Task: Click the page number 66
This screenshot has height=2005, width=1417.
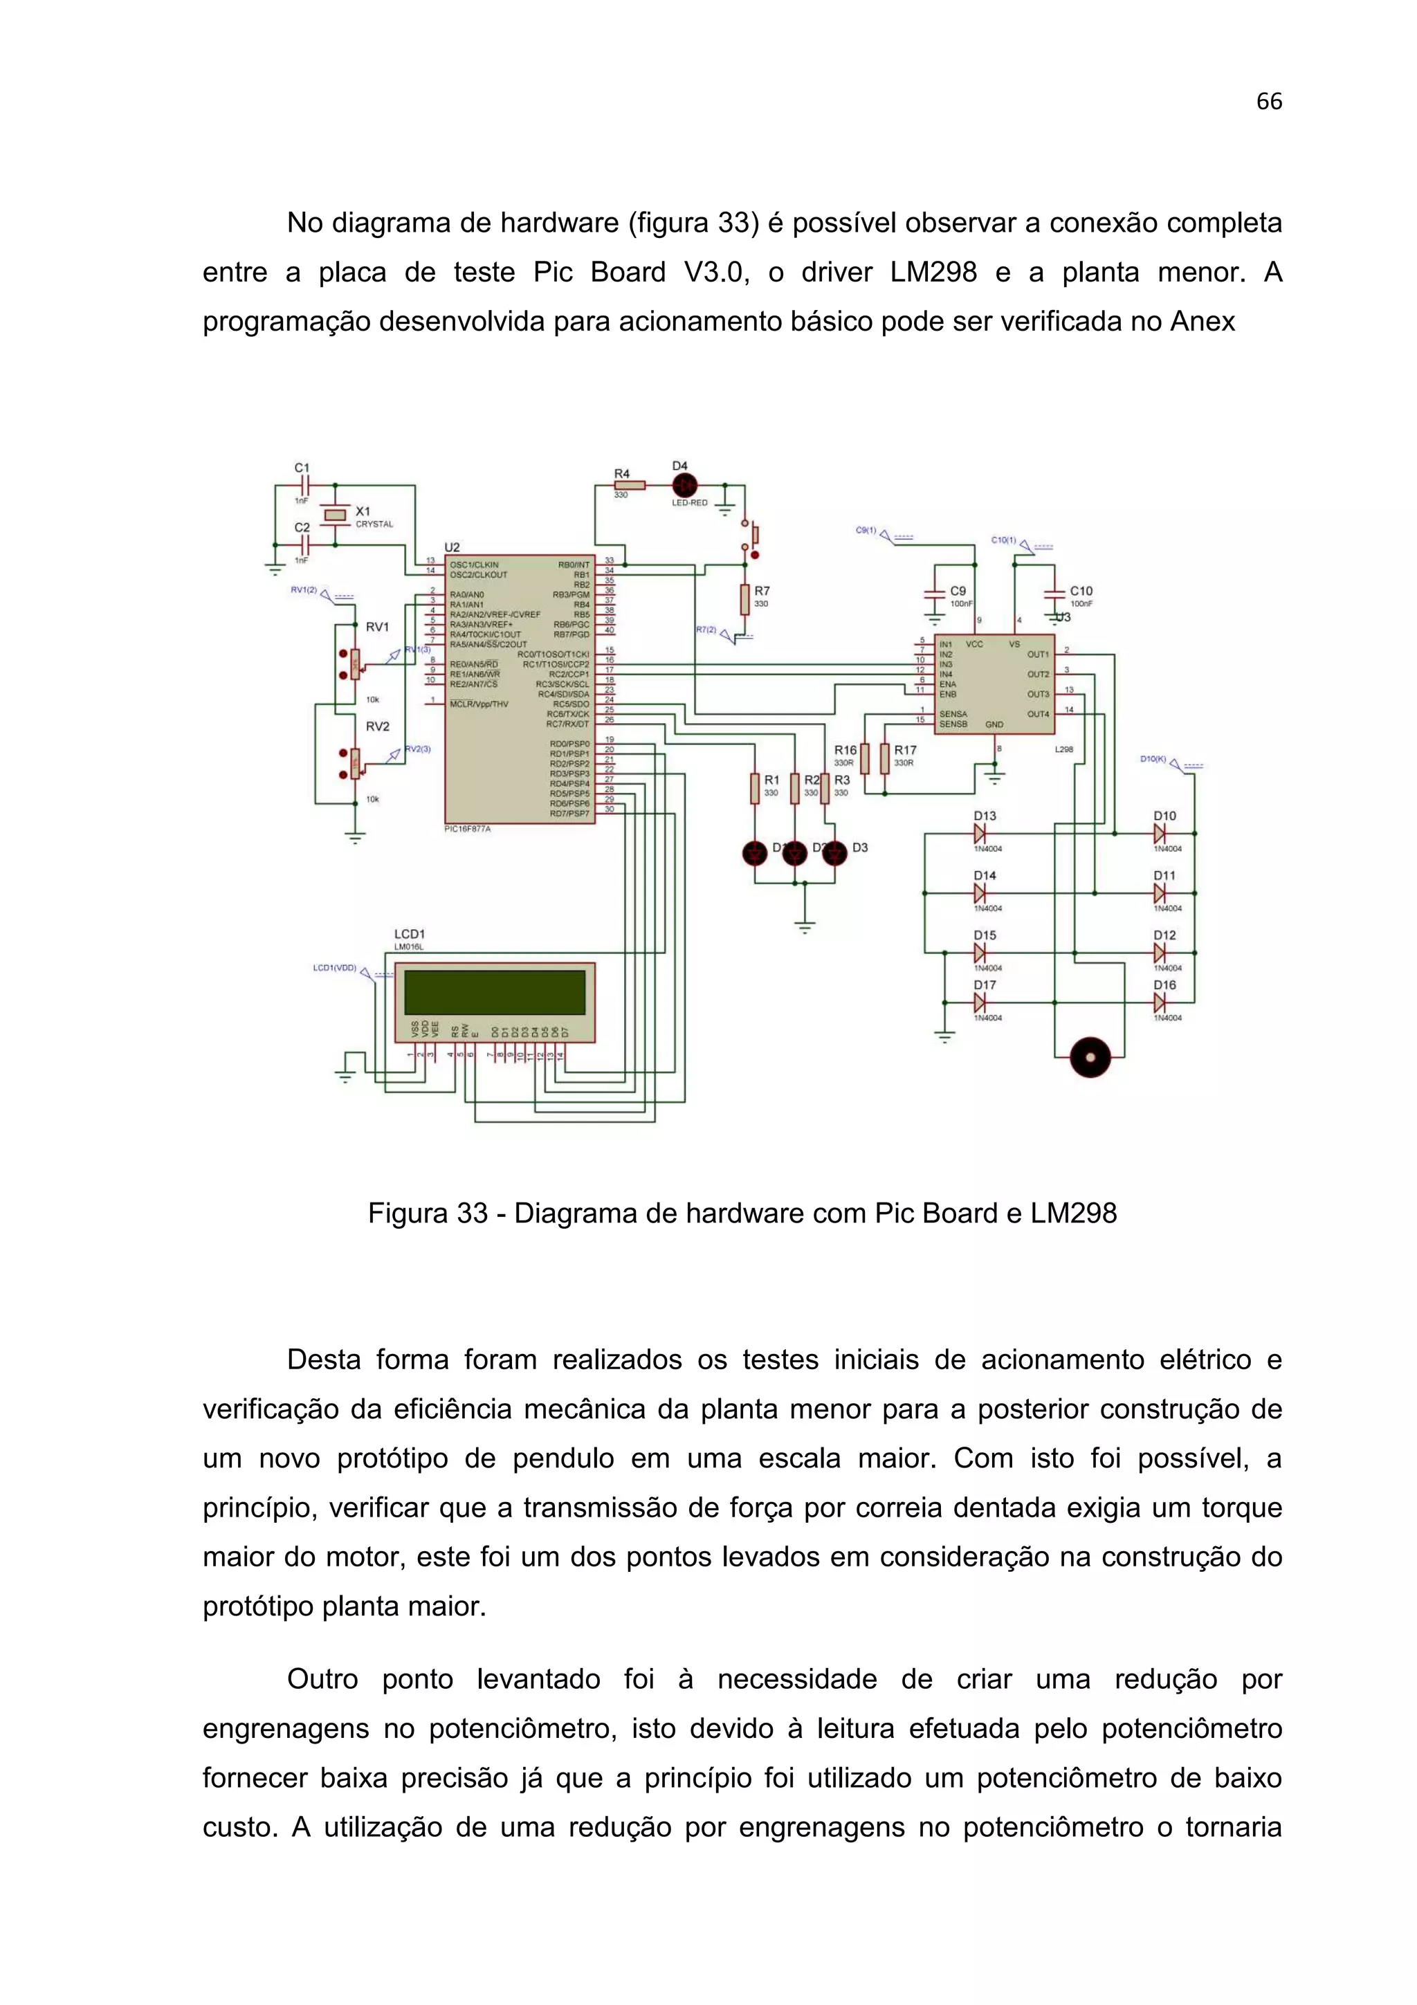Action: pos(1268,102)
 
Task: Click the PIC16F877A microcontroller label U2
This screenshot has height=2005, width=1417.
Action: pos(452,547)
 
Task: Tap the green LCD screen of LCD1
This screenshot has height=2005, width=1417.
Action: pos(494,992)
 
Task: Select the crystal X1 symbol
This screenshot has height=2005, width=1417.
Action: pos(336,515)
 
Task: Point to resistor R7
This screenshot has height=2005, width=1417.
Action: pos(744,599)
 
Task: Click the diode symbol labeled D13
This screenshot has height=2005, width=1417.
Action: pos(980,834)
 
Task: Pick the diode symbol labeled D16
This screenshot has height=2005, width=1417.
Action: pos(1160,1002)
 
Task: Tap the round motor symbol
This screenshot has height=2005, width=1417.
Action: pos(1090,1058)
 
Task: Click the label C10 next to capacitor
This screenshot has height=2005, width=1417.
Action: pos(1081,592)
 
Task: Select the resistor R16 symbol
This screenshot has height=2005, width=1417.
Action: pos(864,758)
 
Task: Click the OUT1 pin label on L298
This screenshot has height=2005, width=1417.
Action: pos(1038,654)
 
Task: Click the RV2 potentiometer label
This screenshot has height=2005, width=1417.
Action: pos(377,726)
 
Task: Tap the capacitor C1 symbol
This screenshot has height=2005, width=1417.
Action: pos(302,486)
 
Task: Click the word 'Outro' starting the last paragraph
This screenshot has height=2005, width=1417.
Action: pos(322,1679)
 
